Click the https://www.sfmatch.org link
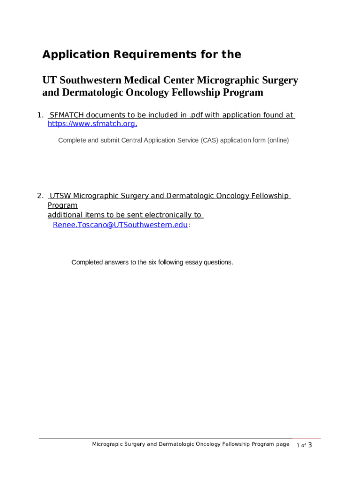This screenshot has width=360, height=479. pos(92,124)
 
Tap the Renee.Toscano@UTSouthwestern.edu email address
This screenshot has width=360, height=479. pos(120,225)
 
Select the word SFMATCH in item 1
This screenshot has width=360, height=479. pos(67,115)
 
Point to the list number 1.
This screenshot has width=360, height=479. pos(40,115)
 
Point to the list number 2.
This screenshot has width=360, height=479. pos(40,196)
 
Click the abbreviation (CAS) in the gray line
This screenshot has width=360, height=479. pos(210,140)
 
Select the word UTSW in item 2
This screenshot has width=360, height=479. pos(61,196)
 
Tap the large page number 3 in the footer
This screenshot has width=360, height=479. pos(310,445)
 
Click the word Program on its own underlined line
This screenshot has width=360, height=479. pos(63,205)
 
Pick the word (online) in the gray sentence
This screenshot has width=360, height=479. pos(278,140)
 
